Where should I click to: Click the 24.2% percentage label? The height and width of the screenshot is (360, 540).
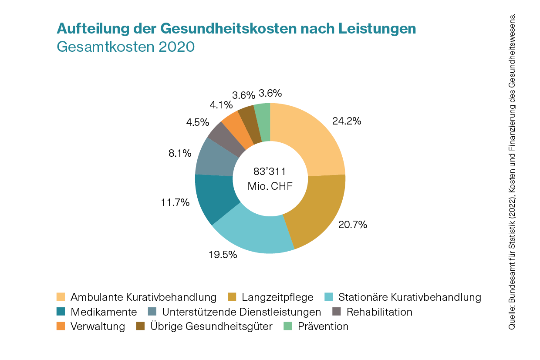[347, 121]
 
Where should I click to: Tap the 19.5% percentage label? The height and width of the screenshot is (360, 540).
[223, 255]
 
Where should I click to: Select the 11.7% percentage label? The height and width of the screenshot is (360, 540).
[175, 202]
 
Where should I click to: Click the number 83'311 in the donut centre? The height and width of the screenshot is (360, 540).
[270, 171]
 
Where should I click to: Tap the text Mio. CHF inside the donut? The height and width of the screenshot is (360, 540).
[270, 186]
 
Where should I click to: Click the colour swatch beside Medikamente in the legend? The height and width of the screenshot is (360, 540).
[61, 312]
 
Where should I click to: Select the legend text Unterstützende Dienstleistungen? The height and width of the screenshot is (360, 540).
[241, 312]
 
